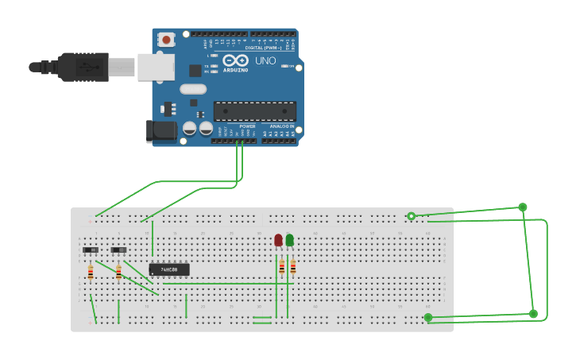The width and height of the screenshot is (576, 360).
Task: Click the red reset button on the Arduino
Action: [x=167, y=39]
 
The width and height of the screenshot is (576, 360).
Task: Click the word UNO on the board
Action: [x=265, y=60]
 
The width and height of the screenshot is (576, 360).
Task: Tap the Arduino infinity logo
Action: [x=235, y=60]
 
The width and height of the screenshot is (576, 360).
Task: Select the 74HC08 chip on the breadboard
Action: [x=169, y=269]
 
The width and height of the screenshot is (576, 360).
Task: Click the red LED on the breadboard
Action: [x=278, y=240]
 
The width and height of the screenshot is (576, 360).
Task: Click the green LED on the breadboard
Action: [x=289, y=240]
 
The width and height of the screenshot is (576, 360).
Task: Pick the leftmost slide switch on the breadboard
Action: [x=91, y=250]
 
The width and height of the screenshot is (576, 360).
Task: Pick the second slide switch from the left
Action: [x=118, y=250]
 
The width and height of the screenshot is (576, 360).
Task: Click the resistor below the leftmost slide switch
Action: [x=91, y=273]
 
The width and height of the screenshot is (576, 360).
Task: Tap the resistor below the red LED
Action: [x=281, y=268]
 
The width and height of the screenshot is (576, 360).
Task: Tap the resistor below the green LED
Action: [x=292, y=268]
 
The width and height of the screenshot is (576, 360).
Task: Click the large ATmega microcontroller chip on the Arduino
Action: [x=254, y=111]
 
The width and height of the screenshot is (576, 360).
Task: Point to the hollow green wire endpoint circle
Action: [x=411, y=216]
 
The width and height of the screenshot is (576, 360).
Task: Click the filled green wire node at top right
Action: [x=523, y=207]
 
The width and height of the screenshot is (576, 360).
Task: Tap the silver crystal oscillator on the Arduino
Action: [x=193, y=89]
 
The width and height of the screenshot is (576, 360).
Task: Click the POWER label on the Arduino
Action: [x=248, y=126]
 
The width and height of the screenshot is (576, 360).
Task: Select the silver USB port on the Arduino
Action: [x=156, y=67]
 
